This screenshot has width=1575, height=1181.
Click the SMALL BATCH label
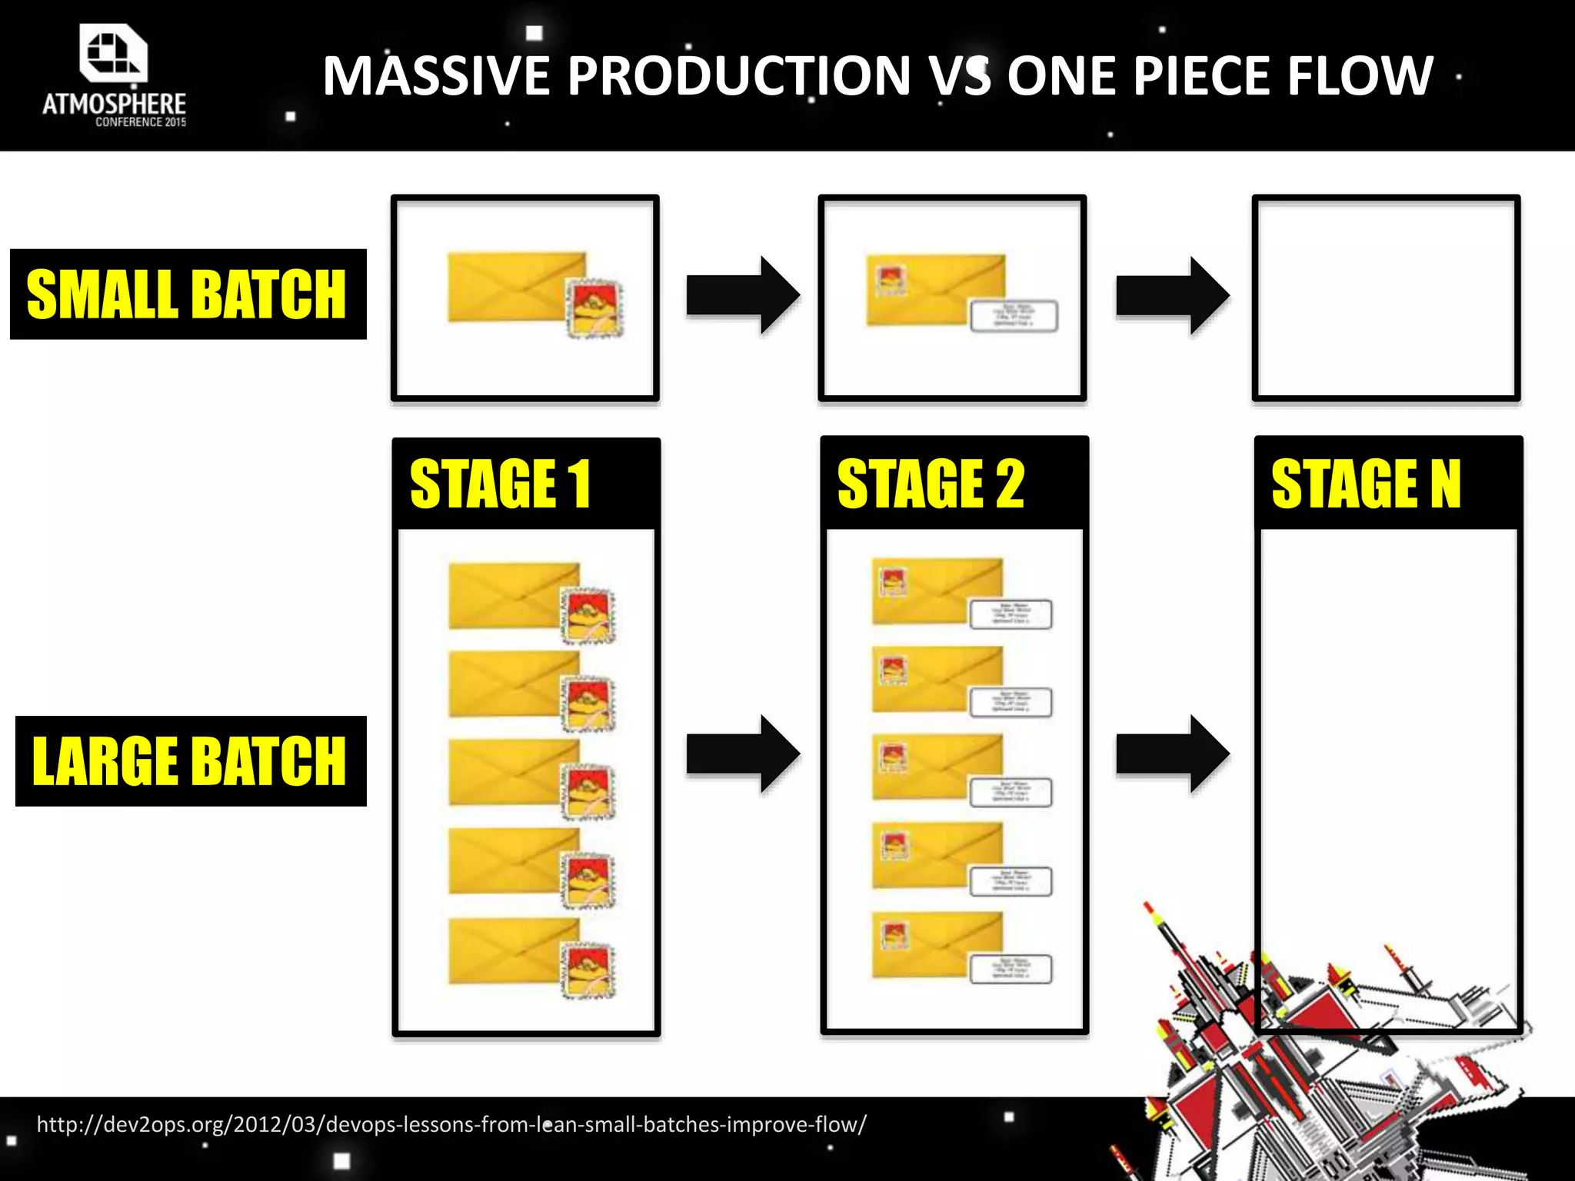point(188,294)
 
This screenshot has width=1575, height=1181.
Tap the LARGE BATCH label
point(191,760)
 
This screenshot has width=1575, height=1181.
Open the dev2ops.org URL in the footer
point(451,1124)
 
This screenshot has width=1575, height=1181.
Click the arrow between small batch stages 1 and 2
point(742,295)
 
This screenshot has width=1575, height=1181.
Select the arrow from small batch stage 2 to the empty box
point(1171,295)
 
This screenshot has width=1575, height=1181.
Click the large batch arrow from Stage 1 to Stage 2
point(742,754)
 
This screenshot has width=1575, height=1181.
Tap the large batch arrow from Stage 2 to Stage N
point(1171,754)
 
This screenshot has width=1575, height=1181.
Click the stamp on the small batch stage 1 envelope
point(594,308)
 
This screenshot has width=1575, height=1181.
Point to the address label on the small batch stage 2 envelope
point(1014,316)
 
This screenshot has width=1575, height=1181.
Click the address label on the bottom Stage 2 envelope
point(1011,969)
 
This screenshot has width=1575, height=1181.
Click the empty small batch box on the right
point(1386,298)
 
